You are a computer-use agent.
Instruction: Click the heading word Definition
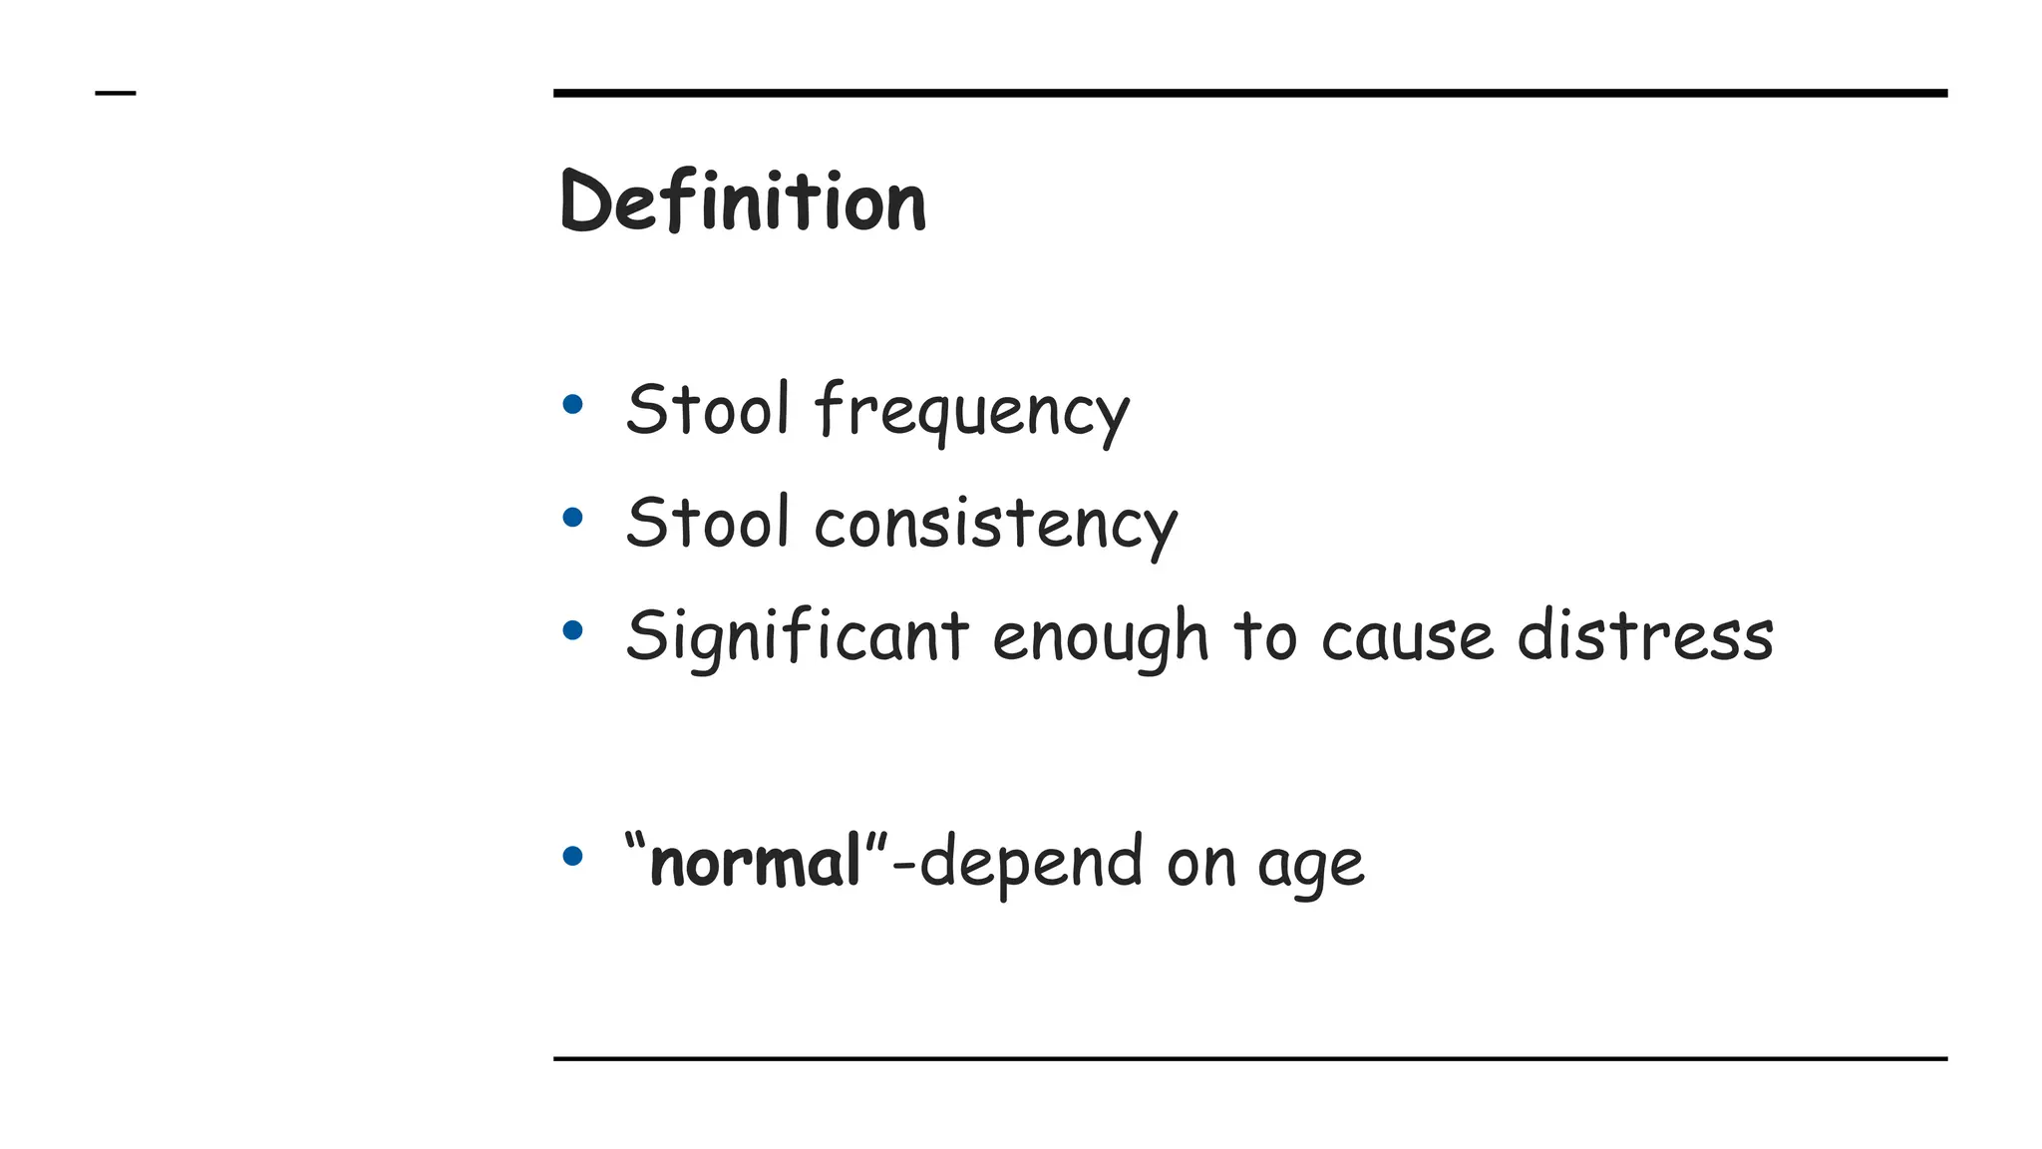pos(743,201)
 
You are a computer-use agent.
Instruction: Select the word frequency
pos(972,411)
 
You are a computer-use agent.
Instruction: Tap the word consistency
pos(995,524)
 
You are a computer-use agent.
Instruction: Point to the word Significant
pos(797,636)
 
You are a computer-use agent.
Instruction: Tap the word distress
pos(1645,635)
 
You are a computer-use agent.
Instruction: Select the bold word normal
pos(755,862)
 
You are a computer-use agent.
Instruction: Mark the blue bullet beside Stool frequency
pos(572,404)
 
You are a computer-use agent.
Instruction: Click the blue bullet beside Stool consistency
pos(572,517)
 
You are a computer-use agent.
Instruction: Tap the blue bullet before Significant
pos(572,629)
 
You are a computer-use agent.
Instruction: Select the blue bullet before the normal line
pos(572,855)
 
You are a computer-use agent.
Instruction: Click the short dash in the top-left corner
pos(115,94)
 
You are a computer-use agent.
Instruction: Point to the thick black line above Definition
pos(1249,93)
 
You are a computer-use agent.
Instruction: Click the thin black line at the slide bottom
pos(1249,1058)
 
